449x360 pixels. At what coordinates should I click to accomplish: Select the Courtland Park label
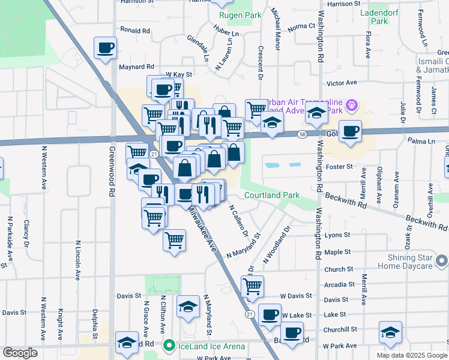[271, 196]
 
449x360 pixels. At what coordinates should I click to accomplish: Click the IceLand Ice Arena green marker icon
[169, 346]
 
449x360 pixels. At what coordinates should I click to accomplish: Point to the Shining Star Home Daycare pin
[442, 260]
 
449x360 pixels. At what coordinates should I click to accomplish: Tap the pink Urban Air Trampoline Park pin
[352, 106]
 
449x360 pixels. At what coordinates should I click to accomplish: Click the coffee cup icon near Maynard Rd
[105, 47]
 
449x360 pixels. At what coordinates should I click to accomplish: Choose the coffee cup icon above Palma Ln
[351, 131]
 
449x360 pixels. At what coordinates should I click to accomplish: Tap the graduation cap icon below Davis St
[188, 307]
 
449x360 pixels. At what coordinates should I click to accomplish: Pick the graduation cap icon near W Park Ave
[390, 333]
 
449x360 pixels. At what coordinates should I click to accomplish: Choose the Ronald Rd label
[134, 30]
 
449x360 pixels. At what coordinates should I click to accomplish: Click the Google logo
[20, 353]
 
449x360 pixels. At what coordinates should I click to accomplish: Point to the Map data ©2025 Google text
[412, 355]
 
